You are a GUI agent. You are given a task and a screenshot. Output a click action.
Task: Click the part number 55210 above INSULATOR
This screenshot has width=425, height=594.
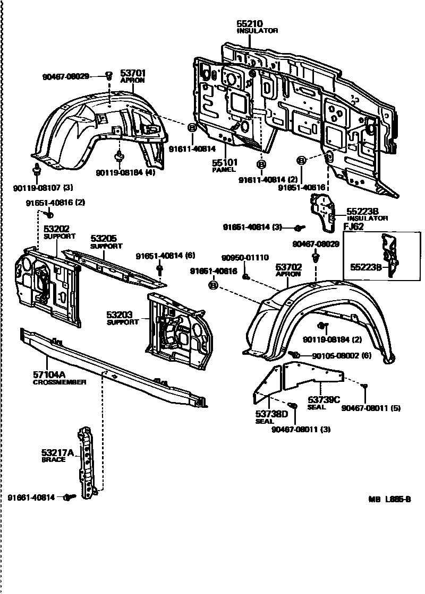click(x=249, y=24)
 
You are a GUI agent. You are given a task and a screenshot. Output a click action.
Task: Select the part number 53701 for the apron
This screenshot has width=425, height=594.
click(x=132, y=73)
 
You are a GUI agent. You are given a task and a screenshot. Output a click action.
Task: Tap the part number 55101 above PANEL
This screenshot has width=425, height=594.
click(x=225, y=163)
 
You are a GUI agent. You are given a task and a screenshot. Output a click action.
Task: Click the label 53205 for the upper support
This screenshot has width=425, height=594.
click(x=103, y=239)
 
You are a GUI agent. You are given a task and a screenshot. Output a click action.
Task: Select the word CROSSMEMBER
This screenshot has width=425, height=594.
click(x=59, y=382)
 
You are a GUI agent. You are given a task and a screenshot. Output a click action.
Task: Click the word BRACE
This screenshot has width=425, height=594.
click(x=53, y=460)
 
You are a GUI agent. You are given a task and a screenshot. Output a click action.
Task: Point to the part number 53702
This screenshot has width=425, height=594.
click(x=288, y=268)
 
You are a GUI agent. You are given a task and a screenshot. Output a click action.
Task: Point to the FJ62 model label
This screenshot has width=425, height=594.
click(x=355, y=225)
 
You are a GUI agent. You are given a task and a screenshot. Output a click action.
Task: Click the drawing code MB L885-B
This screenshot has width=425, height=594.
click(x=390, y=499)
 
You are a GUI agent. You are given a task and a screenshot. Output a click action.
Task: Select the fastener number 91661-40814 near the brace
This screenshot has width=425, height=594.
click(x=31, y=497)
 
